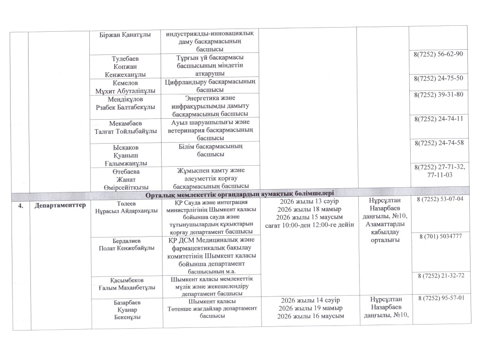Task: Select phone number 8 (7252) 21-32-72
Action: (x=440, y=275)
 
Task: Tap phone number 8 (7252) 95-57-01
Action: (x=440, y=298)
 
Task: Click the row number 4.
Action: (x=20, y=205)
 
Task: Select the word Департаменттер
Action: (x=60, y=205)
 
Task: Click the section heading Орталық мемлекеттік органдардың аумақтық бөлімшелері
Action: (x=239, y=194)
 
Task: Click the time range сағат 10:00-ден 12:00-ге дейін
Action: (x=309, y=225)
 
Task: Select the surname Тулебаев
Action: (x=125, y=59)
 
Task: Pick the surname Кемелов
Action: (x=125, y=82)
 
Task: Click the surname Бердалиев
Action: (x=126, y=240)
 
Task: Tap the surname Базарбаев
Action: (x=126, y=302)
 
